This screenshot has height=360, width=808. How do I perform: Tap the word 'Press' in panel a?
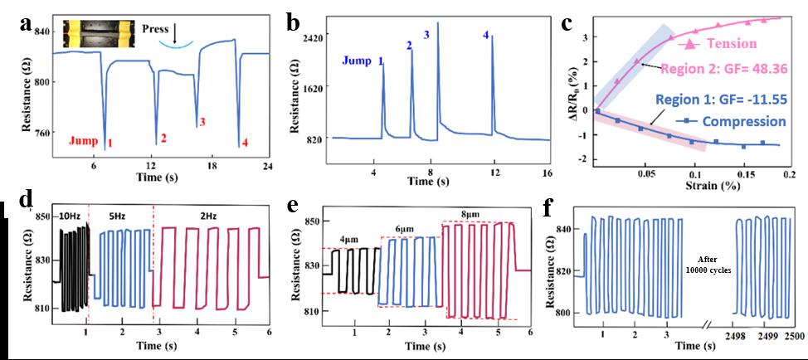(156, 27)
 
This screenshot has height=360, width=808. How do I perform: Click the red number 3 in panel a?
(202, 122)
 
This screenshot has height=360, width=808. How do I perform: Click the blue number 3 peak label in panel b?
(426, 34)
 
